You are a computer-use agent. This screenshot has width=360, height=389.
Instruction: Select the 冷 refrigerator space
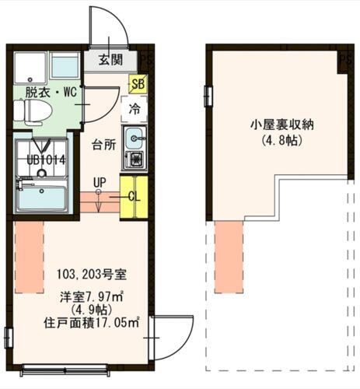tap(134, 110)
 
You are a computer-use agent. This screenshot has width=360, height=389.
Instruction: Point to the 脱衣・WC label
tap(51, 92)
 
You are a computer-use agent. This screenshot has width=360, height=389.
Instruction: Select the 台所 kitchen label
tap(103, 145)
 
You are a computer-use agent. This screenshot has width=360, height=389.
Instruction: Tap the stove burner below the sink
tap(134, 160)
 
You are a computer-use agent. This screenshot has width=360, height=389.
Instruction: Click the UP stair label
tap(99, 184)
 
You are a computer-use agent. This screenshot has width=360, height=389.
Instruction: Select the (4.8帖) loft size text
tap(281, 142)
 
